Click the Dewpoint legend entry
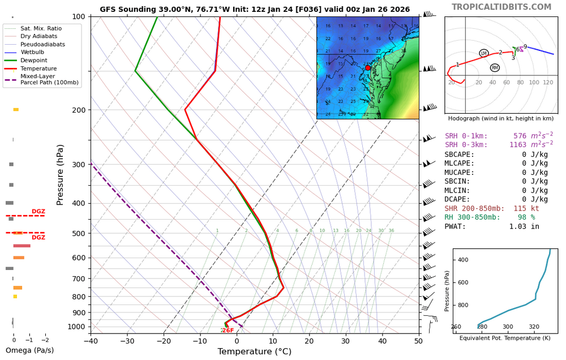[x=34, y=60]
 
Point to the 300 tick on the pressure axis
[x=79, y=165]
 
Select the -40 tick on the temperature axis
[x=91, y=341]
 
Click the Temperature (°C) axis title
[x=254, y=352]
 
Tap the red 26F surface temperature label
[x=228, y=331]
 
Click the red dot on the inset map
[x=367, y=67]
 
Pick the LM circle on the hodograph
[x=483, y=53]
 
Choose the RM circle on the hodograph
[x=495, y=68]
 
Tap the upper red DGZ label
[x=38, y=212]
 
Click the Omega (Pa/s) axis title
[x=28, y=350]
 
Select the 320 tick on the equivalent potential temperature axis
[x=534, y=327]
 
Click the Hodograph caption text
[x=500, y=118]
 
